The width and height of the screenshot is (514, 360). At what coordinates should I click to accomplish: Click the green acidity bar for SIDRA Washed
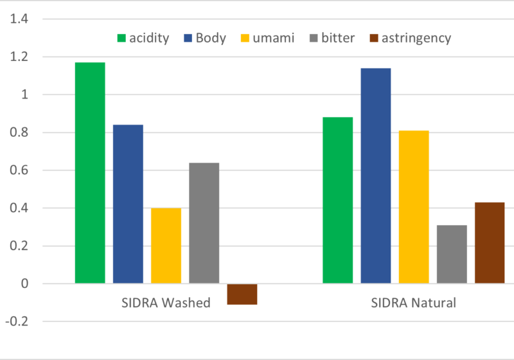coord(90,173)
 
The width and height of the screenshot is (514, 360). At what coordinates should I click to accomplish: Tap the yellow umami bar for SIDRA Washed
coord(166,246)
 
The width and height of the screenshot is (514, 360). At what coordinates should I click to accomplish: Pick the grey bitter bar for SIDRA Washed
coord(204,223)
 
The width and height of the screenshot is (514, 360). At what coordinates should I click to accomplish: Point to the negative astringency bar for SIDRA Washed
coord(242,294)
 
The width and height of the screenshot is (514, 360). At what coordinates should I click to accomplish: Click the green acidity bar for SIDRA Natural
coord(337,200)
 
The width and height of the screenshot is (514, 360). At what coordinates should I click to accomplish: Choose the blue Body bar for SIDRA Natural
coord(375,175)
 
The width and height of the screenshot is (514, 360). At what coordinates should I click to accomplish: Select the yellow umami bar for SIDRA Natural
coord(413,207)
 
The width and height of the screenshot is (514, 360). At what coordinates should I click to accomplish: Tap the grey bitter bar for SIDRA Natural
coord(451,254)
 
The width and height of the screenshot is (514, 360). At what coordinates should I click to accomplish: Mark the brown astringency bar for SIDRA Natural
coord(489,243)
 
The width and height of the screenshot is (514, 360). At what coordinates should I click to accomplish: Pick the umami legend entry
coord(267,38)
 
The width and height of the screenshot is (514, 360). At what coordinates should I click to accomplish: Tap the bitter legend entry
coord(332,38)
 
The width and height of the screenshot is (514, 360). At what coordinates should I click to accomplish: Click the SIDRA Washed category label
coord(166,303)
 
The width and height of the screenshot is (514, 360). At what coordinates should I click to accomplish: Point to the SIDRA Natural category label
coord(413,303)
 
